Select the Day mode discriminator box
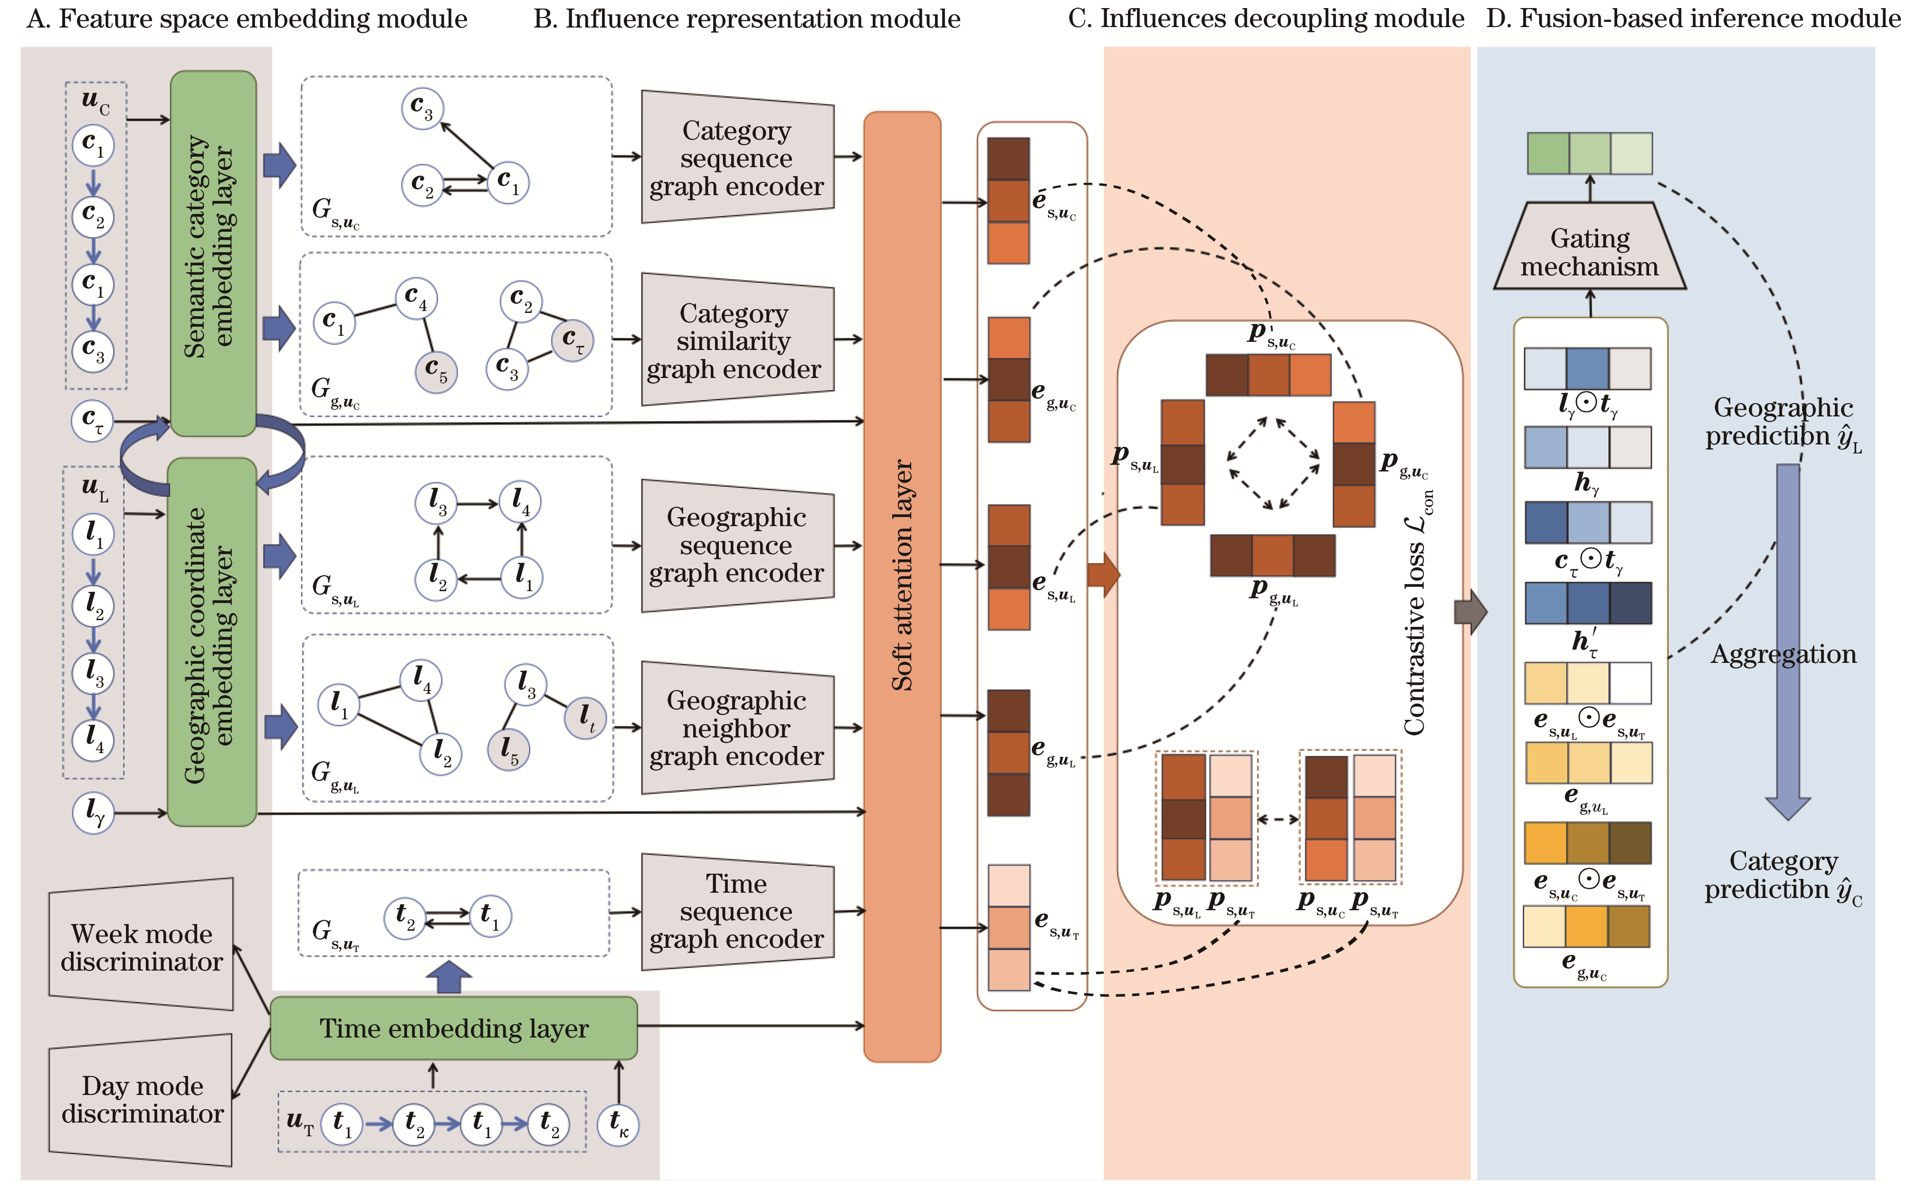pos(142,1099)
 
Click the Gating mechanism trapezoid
pos(1589,252)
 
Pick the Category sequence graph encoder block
pos(736,157)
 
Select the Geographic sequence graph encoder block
pos(736,545)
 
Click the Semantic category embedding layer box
pos(212,252)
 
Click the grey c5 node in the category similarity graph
pos(436,371)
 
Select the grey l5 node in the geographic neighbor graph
pos(509,749)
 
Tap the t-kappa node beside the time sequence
pos(618,1124)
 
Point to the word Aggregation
pos(1783,654)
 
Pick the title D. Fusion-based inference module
pos(1692,18)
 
